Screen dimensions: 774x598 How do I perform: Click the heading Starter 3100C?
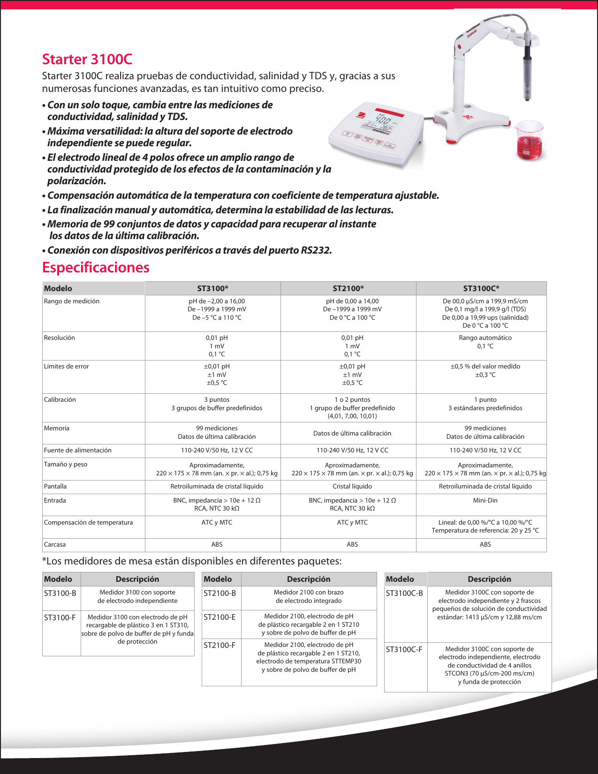[87, 60]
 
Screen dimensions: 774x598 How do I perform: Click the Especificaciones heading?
[96, 267]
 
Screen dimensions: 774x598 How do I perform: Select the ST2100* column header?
[348, 288]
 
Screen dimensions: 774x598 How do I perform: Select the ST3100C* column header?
[481, 288]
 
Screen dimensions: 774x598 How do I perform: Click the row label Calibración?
[60, 399]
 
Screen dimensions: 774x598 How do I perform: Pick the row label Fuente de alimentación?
[78, 450]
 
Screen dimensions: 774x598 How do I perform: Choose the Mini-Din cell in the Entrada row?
[485, 500]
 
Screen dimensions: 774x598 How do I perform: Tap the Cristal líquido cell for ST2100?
[352, 486]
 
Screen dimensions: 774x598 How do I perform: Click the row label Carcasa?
[55, 544]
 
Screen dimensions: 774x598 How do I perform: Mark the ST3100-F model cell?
[60, 617]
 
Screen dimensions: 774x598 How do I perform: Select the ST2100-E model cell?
[220, 617]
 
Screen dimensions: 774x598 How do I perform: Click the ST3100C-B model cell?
[404, 593]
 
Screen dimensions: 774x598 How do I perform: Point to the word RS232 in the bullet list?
[315, 250]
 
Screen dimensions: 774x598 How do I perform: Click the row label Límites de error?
[66, 366]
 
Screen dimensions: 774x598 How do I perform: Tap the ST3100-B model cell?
[60, 593]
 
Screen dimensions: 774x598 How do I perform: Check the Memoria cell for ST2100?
[352, 433]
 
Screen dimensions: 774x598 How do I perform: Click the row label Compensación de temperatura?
[88, 522]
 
